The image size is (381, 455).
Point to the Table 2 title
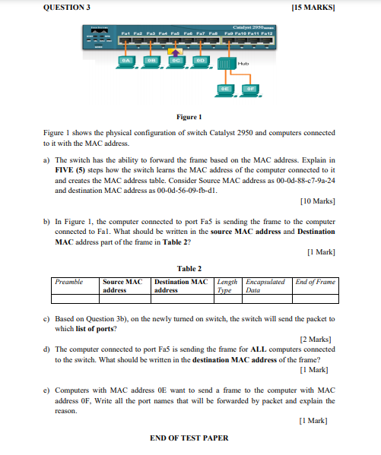pyautogui.click(x=189, y=268)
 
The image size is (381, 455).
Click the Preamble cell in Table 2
pyautogui.click(x=69, y=282)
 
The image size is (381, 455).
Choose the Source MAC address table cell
pyautogui.click(x=122, y=286)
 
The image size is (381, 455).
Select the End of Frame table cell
pyautogui.click(x=315, y=282)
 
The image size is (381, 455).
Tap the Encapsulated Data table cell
pyautogui.click(x=265, y=286)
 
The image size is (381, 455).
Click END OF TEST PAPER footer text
pyautogui.click(x=189, y=438)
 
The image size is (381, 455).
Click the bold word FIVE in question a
pyautogui.click(x=65, y=171)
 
